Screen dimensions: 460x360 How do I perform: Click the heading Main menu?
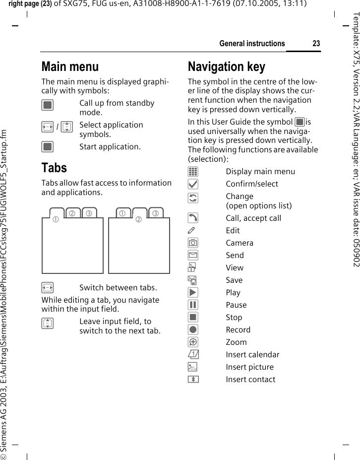70,66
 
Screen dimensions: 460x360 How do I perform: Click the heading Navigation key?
226,66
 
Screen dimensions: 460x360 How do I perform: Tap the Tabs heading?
54,168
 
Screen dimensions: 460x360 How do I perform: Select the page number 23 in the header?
316,44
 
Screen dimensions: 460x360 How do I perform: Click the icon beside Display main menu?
193,172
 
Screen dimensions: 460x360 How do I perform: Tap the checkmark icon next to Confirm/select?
193,184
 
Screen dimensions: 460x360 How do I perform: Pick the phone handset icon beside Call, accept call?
193,218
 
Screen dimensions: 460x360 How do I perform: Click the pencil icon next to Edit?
193,230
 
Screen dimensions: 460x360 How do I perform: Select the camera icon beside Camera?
193,243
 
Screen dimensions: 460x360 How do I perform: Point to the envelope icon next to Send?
193,255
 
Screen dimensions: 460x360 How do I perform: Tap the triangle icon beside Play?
193,292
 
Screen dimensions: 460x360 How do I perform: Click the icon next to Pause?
193,305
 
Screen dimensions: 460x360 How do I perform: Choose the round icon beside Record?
193,329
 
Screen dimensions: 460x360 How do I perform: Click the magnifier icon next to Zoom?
193,342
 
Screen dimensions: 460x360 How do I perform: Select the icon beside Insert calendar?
193,354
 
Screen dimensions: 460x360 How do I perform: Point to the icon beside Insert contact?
193,379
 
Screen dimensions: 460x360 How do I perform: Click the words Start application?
110,146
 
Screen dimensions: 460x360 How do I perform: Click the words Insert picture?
249,367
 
